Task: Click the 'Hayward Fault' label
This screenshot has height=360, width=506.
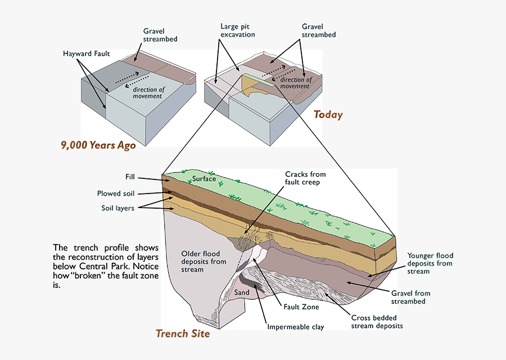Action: pyautogui.click(x=86, y=54)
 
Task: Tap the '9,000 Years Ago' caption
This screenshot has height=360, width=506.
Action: pyautogui.click(x=98, y=145)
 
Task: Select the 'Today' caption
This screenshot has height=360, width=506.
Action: pyautogui.click(x=328, y=115)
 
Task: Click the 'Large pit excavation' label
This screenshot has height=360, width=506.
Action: pyautogui.click(x=238, y=30)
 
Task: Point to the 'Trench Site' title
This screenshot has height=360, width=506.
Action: pyautogui.click(x=183, y=334)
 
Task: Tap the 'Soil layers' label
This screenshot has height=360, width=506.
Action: pyautogui.click(x=118, y=208)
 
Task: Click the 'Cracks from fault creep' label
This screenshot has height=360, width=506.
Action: pyautogui.click(x=305, y=178)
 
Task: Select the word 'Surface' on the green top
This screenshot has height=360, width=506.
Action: pyautogui.click(x=204, y=179)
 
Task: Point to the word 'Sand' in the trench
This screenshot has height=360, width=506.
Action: pyautogui.click(x=242, y=292)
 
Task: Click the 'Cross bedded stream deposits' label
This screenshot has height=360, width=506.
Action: pyautogui.click(x=377, y=321)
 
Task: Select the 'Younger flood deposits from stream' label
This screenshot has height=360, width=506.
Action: pyautogui.click(x=430, y=263)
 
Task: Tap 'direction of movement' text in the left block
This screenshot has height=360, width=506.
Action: pyautogui.click(x=147, y=93)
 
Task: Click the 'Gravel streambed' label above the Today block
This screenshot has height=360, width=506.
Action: pyautogui.click(x=319, y=30)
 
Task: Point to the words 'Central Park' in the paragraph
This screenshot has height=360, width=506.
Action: pyautogui.click(x=112, y=267)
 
